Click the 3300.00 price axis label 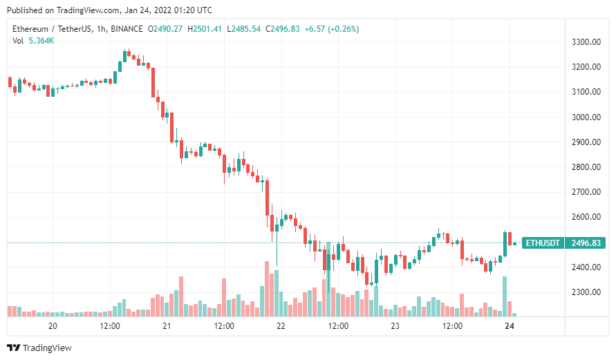click(586, 42)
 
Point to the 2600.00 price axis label click(586, 217)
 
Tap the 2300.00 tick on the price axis click(586, 292)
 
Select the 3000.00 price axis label click(586, 117)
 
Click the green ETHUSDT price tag click(543, 243)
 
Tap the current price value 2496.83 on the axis click(586, 243)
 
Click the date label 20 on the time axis click(53, 326)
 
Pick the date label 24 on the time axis click(510, 326)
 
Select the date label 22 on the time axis click(281, 326)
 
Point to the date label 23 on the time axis click(395, 326)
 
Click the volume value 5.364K click(41, 41)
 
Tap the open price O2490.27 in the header click(165, 29)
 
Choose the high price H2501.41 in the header click(205, 29)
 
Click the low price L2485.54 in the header click(243, 29)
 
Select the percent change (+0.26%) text click(344, 29)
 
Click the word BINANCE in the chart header click(127, 29)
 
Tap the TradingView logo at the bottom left click(39, 348)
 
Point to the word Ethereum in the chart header click(30, 29)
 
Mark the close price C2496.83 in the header click(283, 29)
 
